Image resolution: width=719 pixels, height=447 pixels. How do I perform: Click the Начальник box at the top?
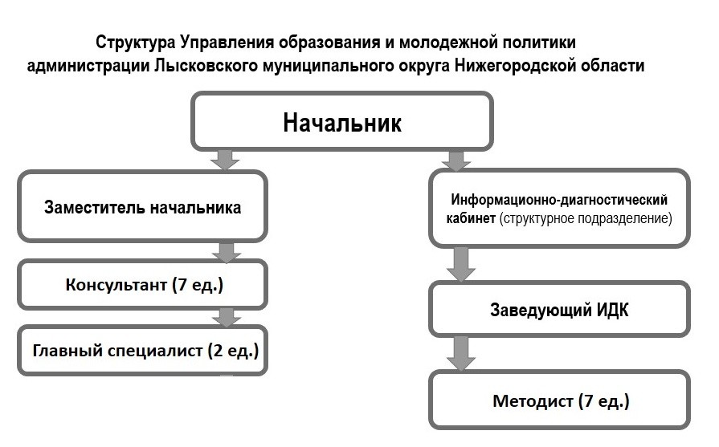coord(342,121)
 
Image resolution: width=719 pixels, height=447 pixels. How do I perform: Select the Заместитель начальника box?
coord(143,206)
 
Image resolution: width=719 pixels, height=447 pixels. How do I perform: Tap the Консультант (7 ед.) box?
coord(143,284)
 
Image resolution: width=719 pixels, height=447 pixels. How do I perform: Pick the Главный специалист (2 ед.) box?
coord(143,351)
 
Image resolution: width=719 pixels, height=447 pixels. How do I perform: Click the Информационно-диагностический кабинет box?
coord(559,209)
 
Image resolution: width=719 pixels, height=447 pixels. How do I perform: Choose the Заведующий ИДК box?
coord(559,310)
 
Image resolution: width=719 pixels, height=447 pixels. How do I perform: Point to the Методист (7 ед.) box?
coord(559,400)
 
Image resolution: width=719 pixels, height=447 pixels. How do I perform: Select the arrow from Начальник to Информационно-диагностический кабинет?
coord(456,161)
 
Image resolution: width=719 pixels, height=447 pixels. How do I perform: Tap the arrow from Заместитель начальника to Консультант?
coord(227,251)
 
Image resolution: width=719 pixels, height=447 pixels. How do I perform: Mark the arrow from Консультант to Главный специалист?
coord(227,317)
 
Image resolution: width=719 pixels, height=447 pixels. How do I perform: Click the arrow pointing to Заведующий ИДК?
coord(461,264)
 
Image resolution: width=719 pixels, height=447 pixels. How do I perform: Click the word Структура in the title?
coord(135,43)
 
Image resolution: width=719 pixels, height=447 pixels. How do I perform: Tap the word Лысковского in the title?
coord(206,66)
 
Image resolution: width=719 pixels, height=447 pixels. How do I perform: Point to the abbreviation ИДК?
coord(612,310)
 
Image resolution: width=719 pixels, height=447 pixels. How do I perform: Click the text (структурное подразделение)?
coord(586,218)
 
